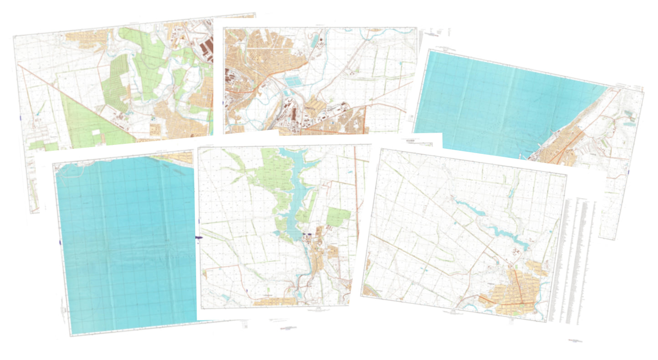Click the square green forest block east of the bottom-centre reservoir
tap(338, 216)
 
